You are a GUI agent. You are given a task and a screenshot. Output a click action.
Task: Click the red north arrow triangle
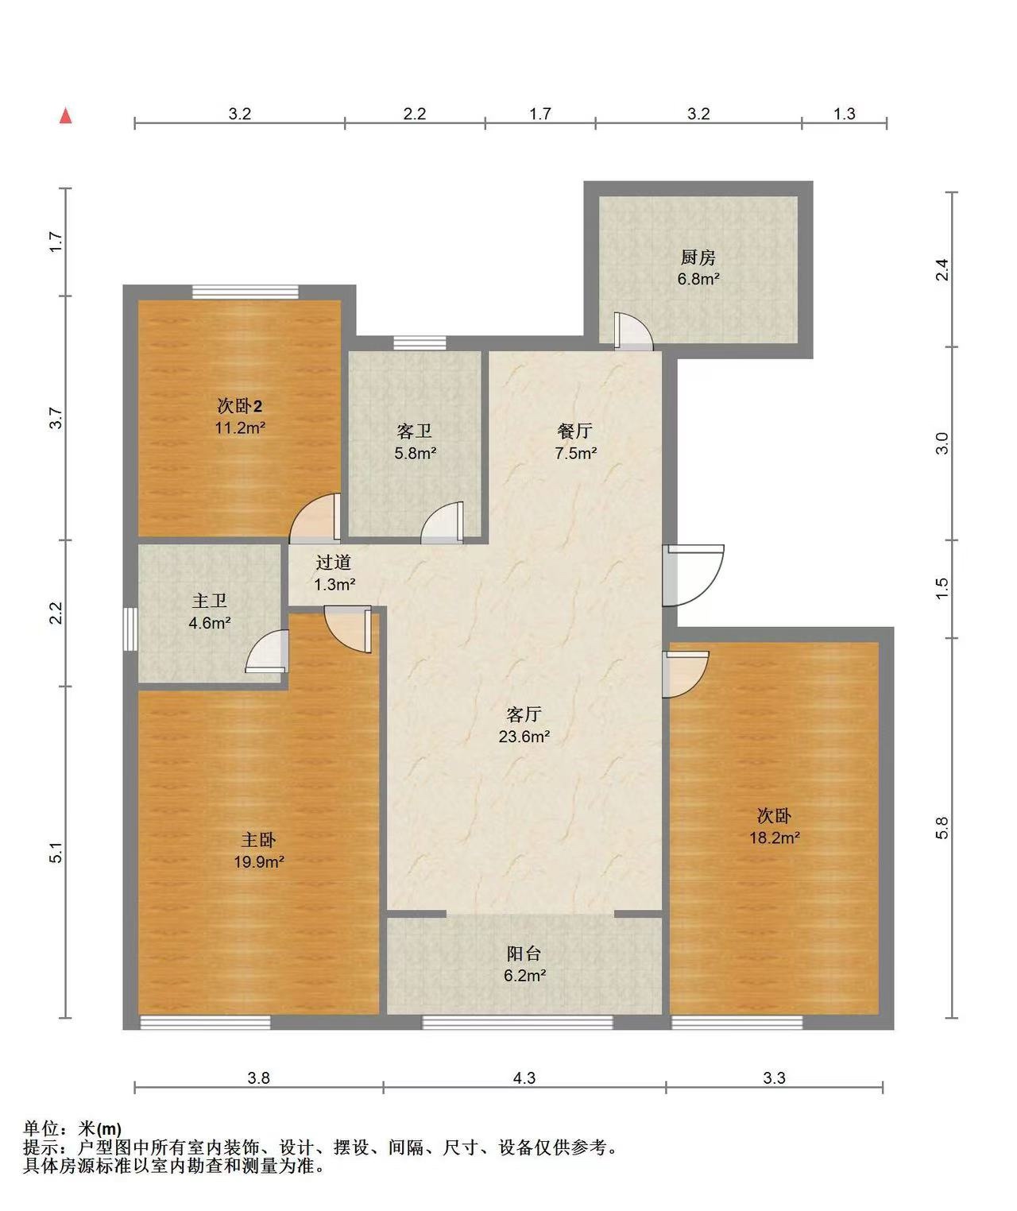(66, 116)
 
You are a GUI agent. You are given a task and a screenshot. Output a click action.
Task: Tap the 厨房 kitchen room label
(698, 257)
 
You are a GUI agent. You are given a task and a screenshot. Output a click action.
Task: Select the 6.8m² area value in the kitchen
(698, 279)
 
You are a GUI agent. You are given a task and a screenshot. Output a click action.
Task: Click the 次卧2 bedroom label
(239, 405)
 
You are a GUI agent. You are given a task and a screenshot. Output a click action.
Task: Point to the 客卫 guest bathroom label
(415, 431)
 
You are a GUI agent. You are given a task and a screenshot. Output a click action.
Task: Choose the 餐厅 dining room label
(574, 431)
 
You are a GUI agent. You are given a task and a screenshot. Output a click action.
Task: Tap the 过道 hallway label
(334, 562)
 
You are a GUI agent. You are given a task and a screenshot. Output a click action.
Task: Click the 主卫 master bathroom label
(209, 601)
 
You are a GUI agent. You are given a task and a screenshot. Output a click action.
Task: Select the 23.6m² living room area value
(524, 737)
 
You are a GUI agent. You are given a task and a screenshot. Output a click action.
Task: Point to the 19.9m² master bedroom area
(258, 862)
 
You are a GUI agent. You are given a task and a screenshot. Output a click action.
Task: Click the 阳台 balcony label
(524, 954)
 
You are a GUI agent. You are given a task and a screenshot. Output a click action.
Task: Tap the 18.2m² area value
(775, 838)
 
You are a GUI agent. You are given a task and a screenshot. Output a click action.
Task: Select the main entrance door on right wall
(694, 575)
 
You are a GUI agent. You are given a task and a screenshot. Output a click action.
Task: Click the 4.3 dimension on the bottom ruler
(524, 1078)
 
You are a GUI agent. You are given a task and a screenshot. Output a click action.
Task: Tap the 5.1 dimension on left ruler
(56, 852)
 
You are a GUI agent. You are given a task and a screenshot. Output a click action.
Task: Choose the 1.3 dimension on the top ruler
(845, 114)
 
